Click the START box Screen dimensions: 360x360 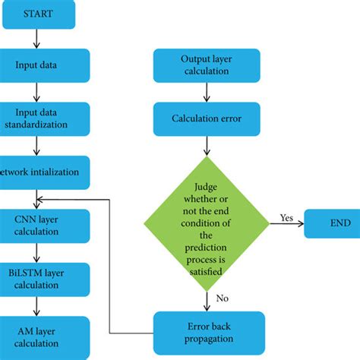tap(37, 14)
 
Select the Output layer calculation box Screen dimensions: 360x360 tap(207, 65)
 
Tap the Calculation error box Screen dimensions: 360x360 tap(207, 118)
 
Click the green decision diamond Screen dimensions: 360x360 tap(207, 223)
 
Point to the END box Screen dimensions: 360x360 tap(328, 223)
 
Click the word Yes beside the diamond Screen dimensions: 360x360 tap(286, 216)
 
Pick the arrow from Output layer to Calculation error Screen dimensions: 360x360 tap(207, 92)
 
